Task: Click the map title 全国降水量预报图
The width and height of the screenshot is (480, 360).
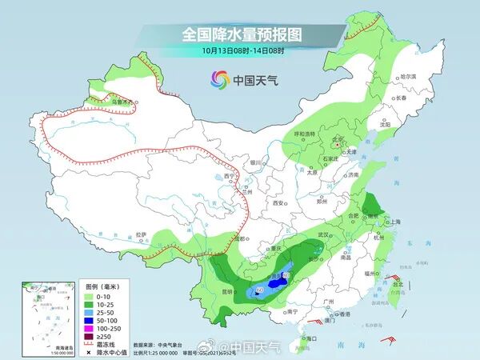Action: pos(241,34)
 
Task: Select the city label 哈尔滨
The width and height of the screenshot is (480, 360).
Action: pos(408,77)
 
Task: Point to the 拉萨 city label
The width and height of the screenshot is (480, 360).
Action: pos(142,234)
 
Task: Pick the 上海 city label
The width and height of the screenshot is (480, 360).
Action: pos(394,222)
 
